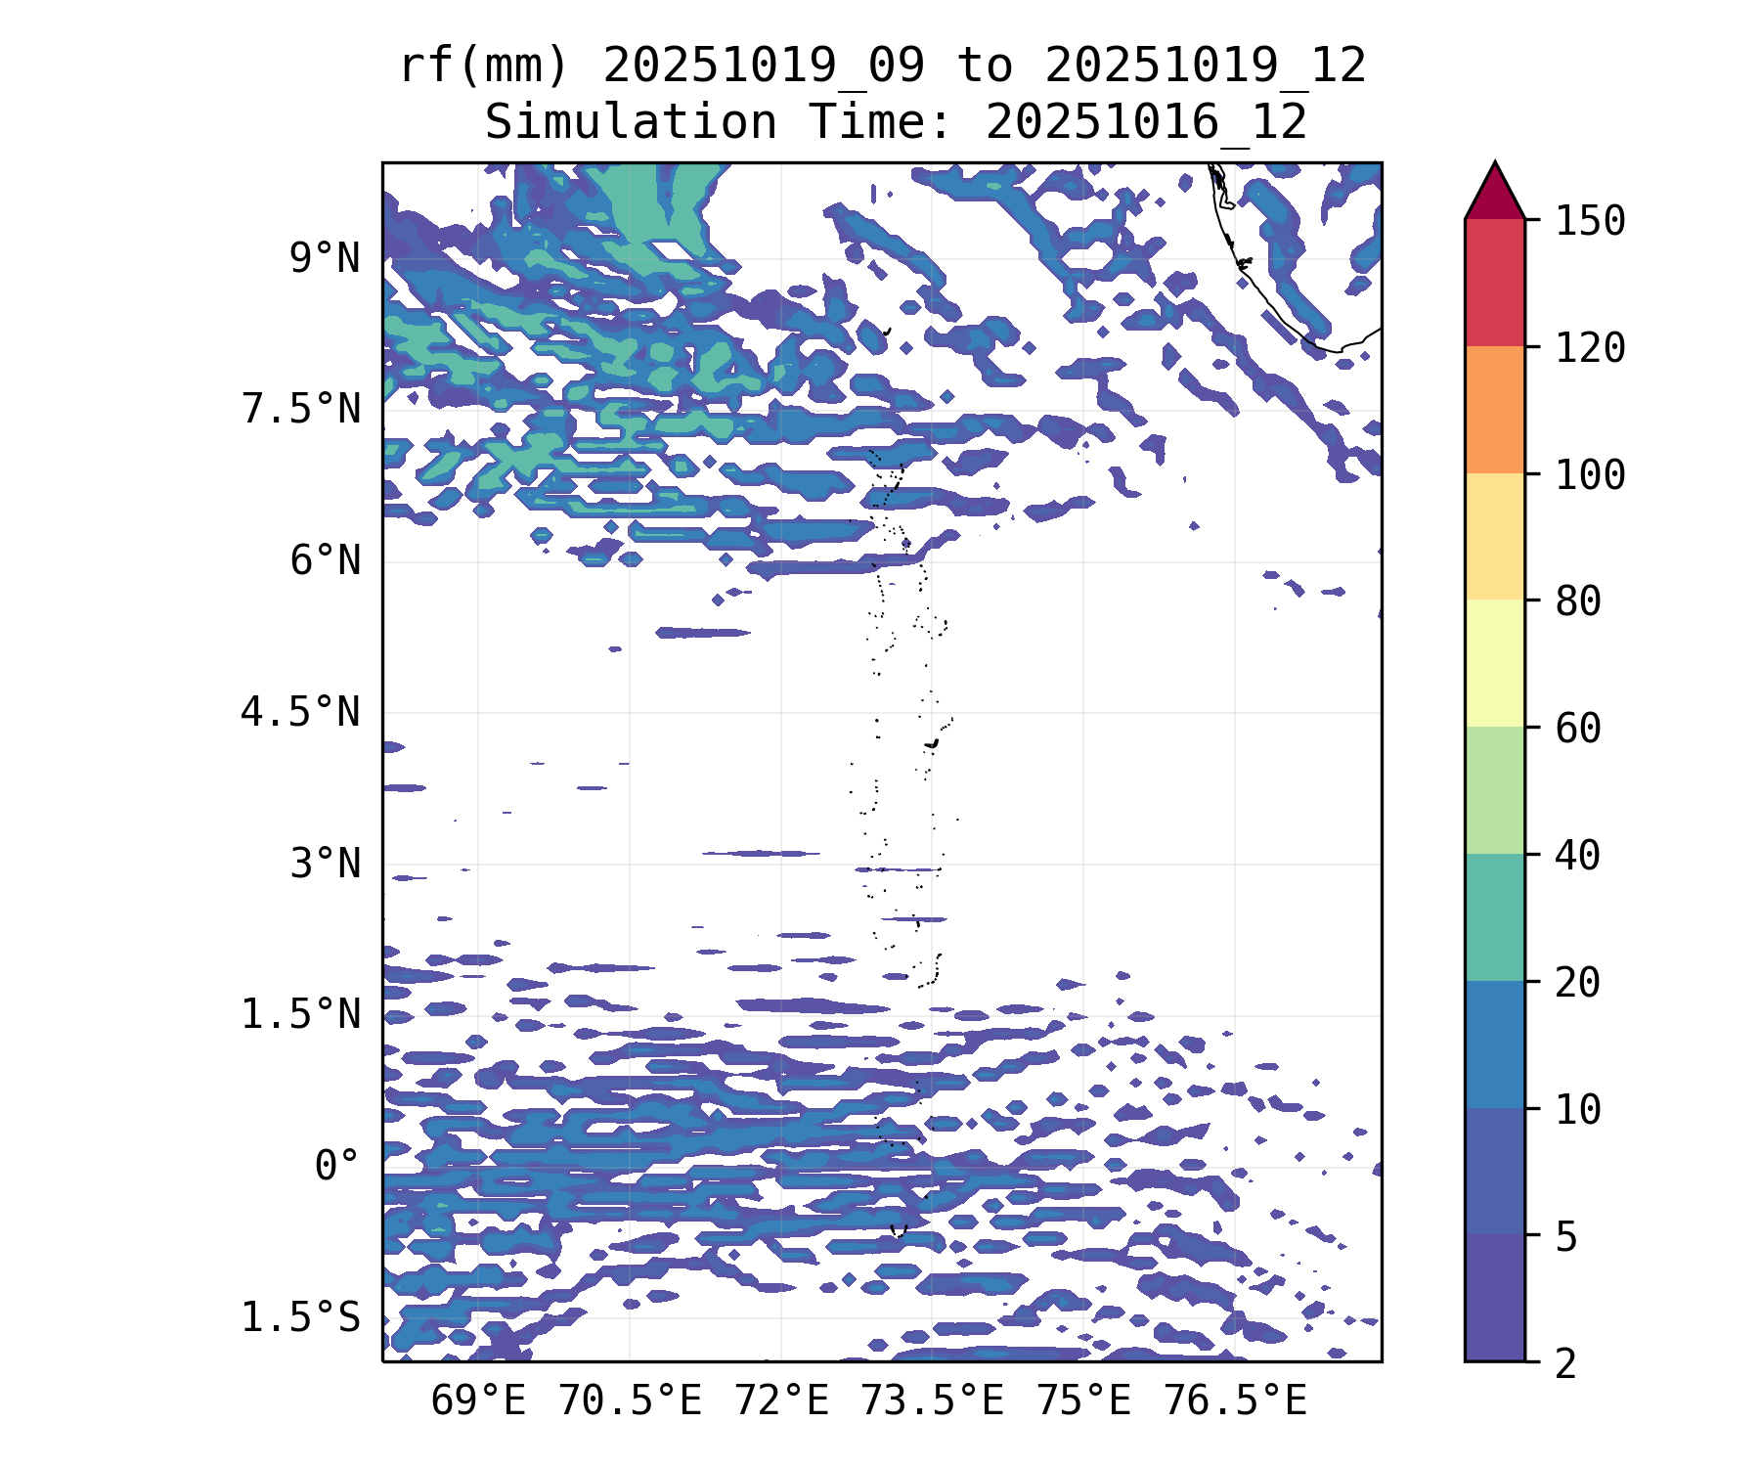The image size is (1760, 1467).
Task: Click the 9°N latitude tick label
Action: click(325, 259)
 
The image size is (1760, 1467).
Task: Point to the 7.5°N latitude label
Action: click(301, 410)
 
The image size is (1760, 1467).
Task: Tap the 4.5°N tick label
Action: click(301, 712)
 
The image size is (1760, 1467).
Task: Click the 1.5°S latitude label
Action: click(301, 1318)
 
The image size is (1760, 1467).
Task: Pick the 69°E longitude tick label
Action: click(478, 1401)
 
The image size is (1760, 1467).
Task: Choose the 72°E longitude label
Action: click(781, 1401)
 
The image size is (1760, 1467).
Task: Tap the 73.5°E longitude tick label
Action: click(932, 1401)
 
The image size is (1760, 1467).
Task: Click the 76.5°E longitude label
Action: click(1234, 1401)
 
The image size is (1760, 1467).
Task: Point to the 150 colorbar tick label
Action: click(1590, 221)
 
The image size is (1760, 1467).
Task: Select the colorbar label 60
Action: click(1578, 729)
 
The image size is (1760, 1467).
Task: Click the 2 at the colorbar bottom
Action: click(1566, 1363)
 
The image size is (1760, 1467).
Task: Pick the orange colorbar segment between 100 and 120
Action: click(1494, 410)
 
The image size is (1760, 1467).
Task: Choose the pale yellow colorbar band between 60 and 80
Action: click(1494, 663)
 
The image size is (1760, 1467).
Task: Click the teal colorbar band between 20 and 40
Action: click(1494, 916)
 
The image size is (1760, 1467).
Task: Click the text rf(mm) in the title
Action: click(484, 67)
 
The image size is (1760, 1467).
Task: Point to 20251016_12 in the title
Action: click(1146, 123)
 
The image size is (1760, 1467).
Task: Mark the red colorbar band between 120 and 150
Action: click(1494, 283)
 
